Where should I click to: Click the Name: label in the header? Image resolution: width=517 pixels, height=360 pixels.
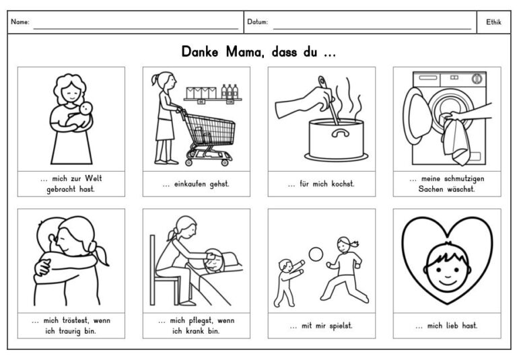(x=20, y=22)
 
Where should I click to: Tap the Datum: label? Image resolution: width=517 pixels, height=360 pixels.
(x=257, y=22)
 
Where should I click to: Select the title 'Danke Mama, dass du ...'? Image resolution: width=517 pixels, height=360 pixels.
(x=258, y=52)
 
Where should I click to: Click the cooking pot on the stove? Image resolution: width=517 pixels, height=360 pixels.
(x=334, y=139)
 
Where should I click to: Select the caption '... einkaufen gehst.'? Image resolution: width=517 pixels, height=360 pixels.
(x=196, y=184)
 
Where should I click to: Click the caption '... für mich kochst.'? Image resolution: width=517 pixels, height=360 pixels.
(x=321, y=184)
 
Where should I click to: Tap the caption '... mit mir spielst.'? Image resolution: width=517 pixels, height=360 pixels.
(x=321, y=326)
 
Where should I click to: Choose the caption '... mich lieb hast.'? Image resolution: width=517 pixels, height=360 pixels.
(x=446, y=326)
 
